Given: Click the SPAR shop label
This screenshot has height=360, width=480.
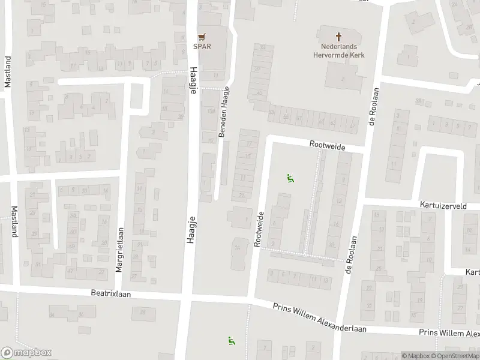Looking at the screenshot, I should tap(201, 46).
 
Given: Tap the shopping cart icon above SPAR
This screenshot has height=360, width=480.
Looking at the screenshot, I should tap(201, 37).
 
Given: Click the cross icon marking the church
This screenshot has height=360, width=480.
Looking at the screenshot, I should tap(339, 37).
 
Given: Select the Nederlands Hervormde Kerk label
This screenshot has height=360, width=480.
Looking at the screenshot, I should tap(339, 50).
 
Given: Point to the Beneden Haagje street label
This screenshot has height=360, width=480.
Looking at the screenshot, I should tap(224, 113).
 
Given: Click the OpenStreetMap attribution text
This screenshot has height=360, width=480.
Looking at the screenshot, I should tap(455, 356).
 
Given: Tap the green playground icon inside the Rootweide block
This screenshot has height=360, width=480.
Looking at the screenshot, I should tap(290, 178).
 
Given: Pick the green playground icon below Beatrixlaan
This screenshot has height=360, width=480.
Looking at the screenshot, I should tap(231, 341).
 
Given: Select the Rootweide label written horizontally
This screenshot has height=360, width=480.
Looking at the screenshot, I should tap(329, 145).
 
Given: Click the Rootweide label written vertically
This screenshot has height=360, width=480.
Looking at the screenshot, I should tap(259, 229).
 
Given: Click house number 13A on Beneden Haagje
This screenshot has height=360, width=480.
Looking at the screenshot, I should tap(210, 112).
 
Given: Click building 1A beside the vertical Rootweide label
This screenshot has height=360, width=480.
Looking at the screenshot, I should tap(237, 247).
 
